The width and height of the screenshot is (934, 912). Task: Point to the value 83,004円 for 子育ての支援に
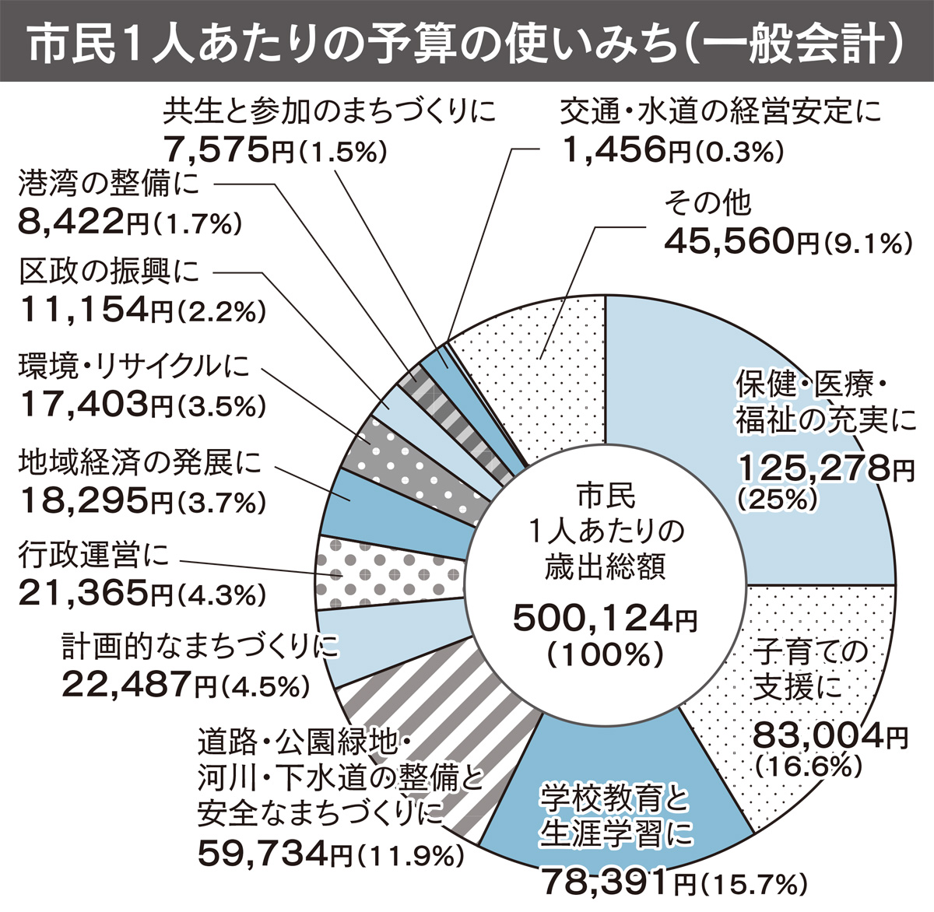pyautogui.click(x=830, y=735)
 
